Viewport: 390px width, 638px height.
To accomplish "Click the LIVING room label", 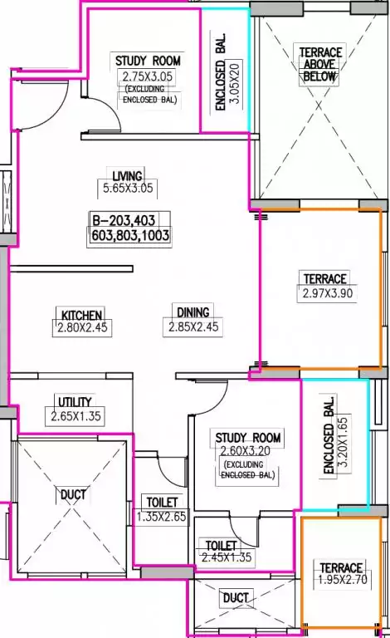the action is tap(128, 176).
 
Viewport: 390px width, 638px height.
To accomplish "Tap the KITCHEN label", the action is tap(81, 315).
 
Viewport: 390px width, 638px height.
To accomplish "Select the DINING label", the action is tap(193, 312).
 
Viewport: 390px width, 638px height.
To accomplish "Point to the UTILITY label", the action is tap(76, 402).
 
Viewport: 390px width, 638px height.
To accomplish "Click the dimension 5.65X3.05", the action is tap(128, 189).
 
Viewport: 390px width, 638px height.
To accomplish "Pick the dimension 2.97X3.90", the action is tap(328, 293).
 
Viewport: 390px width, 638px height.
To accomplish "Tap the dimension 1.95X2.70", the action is tap(343, 579).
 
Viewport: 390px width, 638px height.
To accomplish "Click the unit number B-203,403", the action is tap(124, 220).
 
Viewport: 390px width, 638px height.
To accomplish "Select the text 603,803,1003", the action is tap(130, 235).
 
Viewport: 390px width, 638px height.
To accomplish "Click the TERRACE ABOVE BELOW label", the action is tap(319, 64).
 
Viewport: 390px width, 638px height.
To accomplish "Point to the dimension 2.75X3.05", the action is tap(148, 76).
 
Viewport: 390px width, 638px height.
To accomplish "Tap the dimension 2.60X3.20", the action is tap(245, 451).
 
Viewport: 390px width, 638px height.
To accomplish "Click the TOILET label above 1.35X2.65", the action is tap(162, 502).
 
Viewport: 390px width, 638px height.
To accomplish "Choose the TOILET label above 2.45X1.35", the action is tap(221, 545).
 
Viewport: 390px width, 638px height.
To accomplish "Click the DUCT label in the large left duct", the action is tap(73, 494).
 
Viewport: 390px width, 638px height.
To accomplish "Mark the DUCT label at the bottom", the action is tap(236, 598).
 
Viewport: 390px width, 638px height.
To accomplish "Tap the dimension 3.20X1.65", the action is tap(343, 442).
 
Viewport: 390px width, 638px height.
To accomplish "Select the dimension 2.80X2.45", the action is tap(82, 327).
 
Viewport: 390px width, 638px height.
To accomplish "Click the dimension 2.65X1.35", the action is tap(76, 416).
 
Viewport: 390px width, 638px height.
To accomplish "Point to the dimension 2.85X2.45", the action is tap(193, 326).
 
